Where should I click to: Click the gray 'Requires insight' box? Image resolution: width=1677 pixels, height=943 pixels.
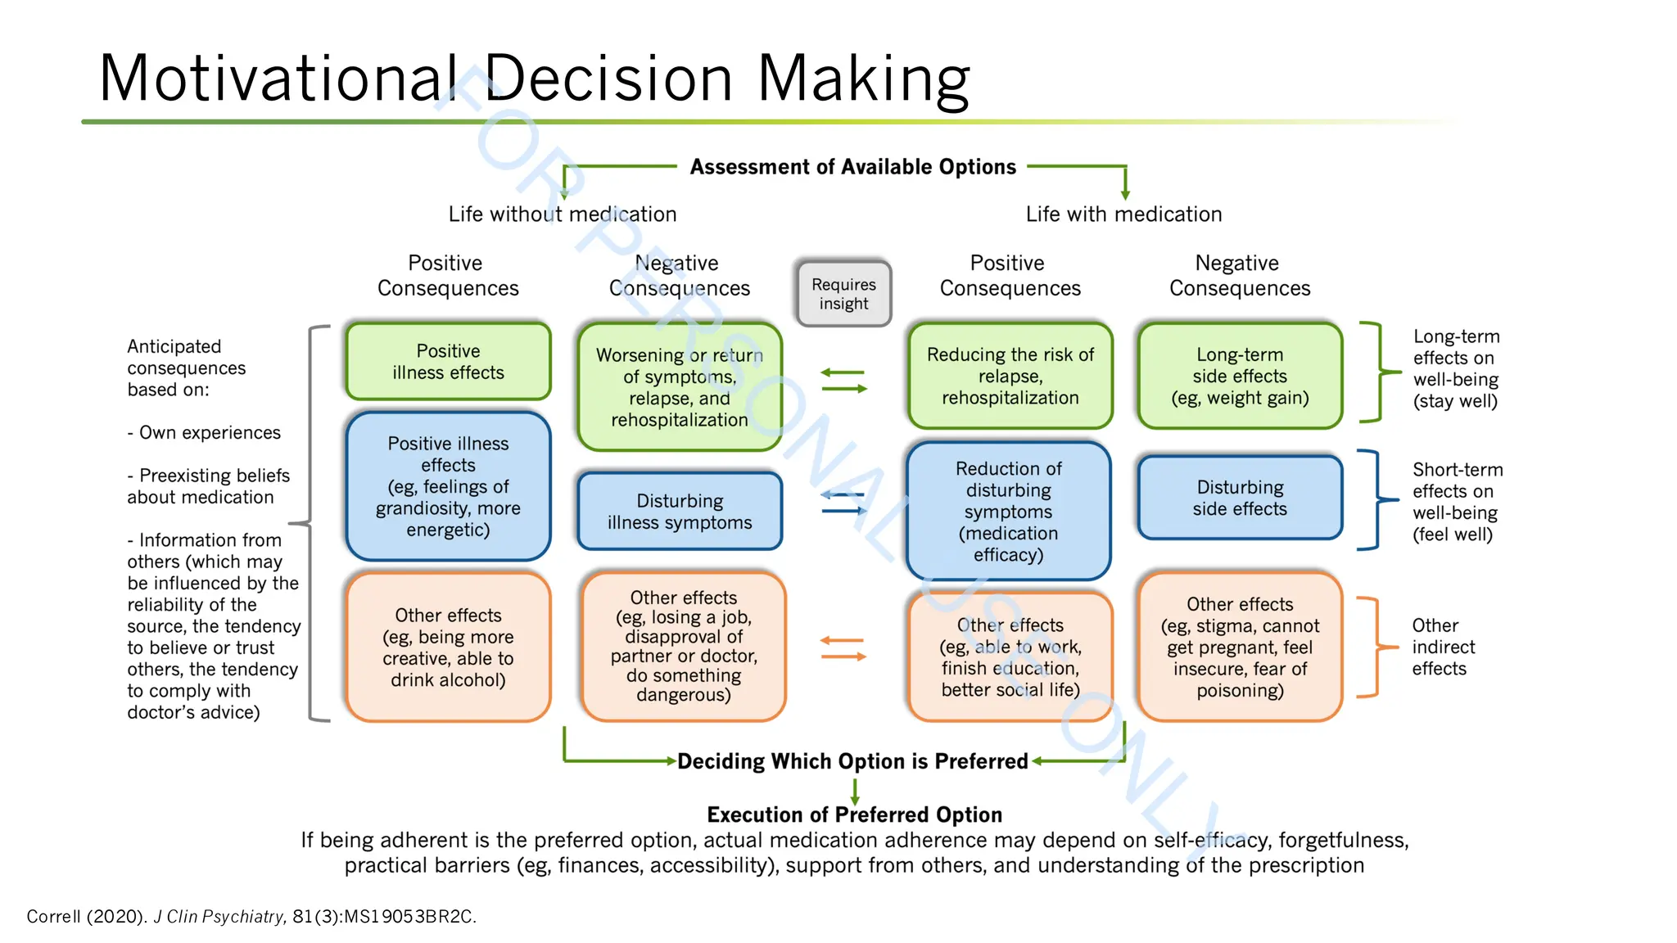pyautogui.click(x=843, y=294)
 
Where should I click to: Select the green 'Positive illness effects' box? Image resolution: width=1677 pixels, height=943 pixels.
pyautogui.click(x=448, y=362)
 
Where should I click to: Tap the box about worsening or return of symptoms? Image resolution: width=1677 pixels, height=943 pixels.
pyautogui.click(x=679, y=387)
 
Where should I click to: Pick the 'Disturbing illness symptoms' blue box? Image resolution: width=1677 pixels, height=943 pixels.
pyautogui.click(x=679, y=512)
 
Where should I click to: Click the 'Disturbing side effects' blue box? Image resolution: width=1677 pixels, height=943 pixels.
pyautogui.click(x=1239, y=498)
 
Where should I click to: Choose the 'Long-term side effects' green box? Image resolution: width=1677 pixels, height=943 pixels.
pyautogui.click(x=1239, y=377)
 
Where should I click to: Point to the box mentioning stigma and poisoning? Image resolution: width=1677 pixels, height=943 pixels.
pyautogui.click(x=1239, y=647)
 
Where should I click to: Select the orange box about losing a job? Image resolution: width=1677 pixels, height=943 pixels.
pyautogui.click(x=683, y=647)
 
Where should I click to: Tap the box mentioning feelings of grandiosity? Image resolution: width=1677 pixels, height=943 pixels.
pyautogui.click(x=448, y=486)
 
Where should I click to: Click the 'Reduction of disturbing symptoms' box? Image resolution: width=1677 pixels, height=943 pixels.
pyautogui.click(x=1008, y=512)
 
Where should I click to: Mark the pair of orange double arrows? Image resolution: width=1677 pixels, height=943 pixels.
pyautogui.click(x=843, y=648)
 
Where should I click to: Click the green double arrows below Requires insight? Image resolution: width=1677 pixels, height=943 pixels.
pyautogui.click(x=843, y=381)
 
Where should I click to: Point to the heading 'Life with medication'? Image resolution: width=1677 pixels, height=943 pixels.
pyautogui.click(x=1123, y=214)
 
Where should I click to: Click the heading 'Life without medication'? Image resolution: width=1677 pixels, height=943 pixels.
pyautogui.click(x=562, y=214)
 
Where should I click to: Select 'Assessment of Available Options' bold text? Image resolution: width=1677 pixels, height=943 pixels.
pyautogui.click(x=852, y=167)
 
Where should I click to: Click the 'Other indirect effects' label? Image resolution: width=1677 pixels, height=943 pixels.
pyautogui.click(x=1443, y=647)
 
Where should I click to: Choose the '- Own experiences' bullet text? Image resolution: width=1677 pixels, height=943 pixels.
pyautogui.click(x=204, y=432)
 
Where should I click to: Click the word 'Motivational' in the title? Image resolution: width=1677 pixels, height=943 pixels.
pyautogui.click(x=277, y=79)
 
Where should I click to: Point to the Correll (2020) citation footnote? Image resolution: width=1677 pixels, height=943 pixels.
pyautogui.click(x=251, y=916)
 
